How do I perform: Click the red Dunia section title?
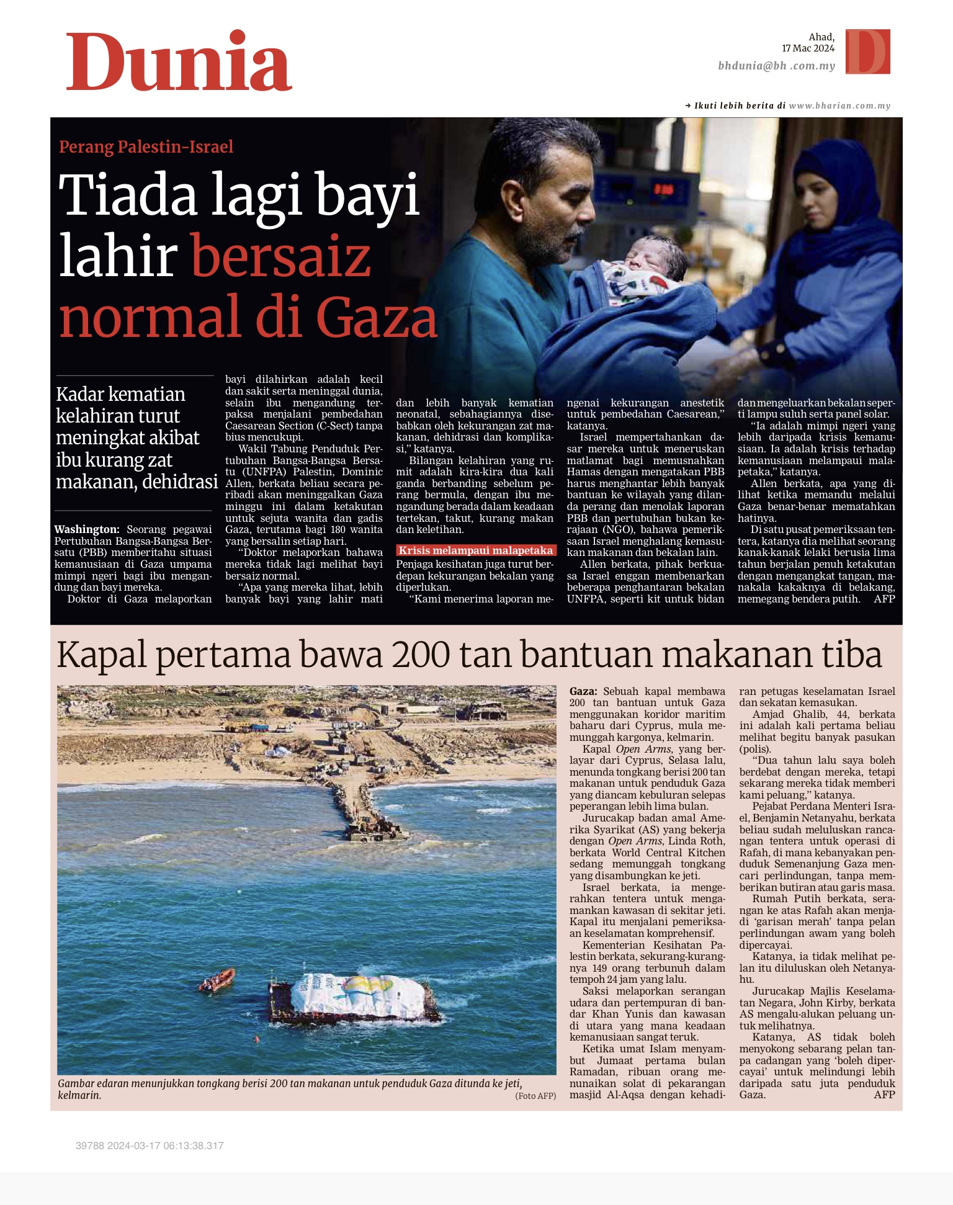pyautogui.click(x=179, y=62)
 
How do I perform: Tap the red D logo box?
pyautogui.click(x=868, y=52)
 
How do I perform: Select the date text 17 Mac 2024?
pyautogui.click(x=808, y=48)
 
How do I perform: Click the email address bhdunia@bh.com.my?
pyautogui.click(x=776, y=66)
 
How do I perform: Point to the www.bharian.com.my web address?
pyautogui.click(x=839, y=105)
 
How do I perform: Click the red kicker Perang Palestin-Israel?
pyautogui.click(x=146, y=147)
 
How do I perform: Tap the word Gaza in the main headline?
pyautogui.click(x=377, y=318)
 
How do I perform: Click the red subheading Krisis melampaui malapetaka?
pyautogui.click(x=475, y=550)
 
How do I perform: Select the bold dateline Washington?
pyautogui.click(x=87, y=529)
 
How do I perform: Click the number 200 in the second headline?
pyautogui.click(x=421, y=655)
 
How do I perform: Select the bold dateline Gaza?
pyautogui.click(x=583, y=691)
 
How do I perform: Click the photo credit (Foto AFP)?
pyautogui.click(x=535, y=1096)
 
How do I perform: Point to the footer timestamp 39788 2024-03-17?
pyautogui.click(x=149, y=1145)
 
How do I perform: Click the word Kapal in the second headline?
pyautogui.click(x=102, y=655)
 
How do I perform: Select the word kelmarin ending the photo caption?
pyautogui.click(x=79, y=1095)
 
